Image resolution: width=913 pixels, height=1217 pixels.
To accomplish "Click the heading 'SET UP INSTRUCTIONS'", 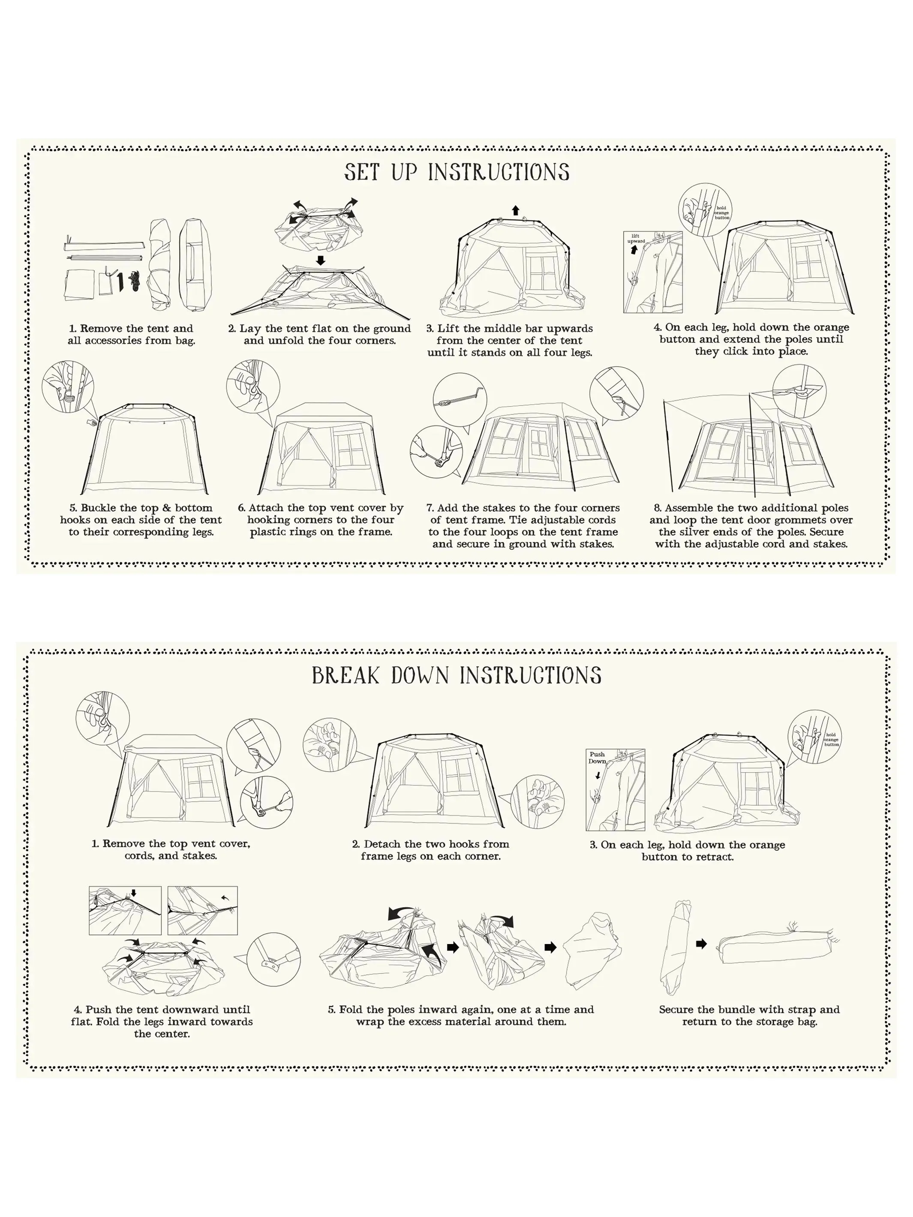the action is tap(457, 172).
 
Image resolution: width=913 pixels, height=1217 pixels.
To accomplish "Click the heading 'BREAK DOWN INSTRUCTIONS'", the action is tap(457, 676).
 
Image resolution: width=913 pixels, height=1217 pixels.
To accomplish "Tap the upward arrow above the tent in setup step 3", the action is tap(515, 210).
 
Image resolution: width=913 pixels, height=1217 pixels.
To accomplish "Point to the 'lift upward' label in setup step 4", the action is tap(636, 238).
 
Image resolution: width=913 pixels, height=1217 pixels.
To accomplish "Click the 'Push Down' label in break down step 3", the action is tap(597, 758).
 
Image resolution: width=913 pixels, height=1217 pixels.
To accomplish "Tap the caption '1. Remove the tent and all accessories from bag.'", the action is tap(132, 335).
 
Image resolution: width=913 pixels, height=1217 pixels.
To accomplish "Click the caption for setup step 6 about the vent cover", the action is tap(321, 520).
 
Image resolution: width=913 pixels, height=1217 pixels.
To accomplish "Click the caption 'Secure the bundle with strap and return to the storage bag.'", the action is tap(750, 1016).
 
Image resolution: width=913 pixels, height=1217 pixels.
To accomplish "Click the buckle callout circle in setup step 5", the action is tap(68, 387).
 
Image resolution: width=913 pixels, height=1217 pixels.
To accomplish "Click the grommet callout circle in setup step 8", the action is tap(799, 391).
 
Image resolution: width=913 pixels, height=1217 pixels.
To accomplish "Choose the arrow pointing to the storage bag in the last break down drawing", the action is tap(701, 944).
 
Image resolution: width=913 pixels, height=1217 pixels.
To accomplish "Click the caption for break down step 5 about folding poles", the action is tap(461, 1016).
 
